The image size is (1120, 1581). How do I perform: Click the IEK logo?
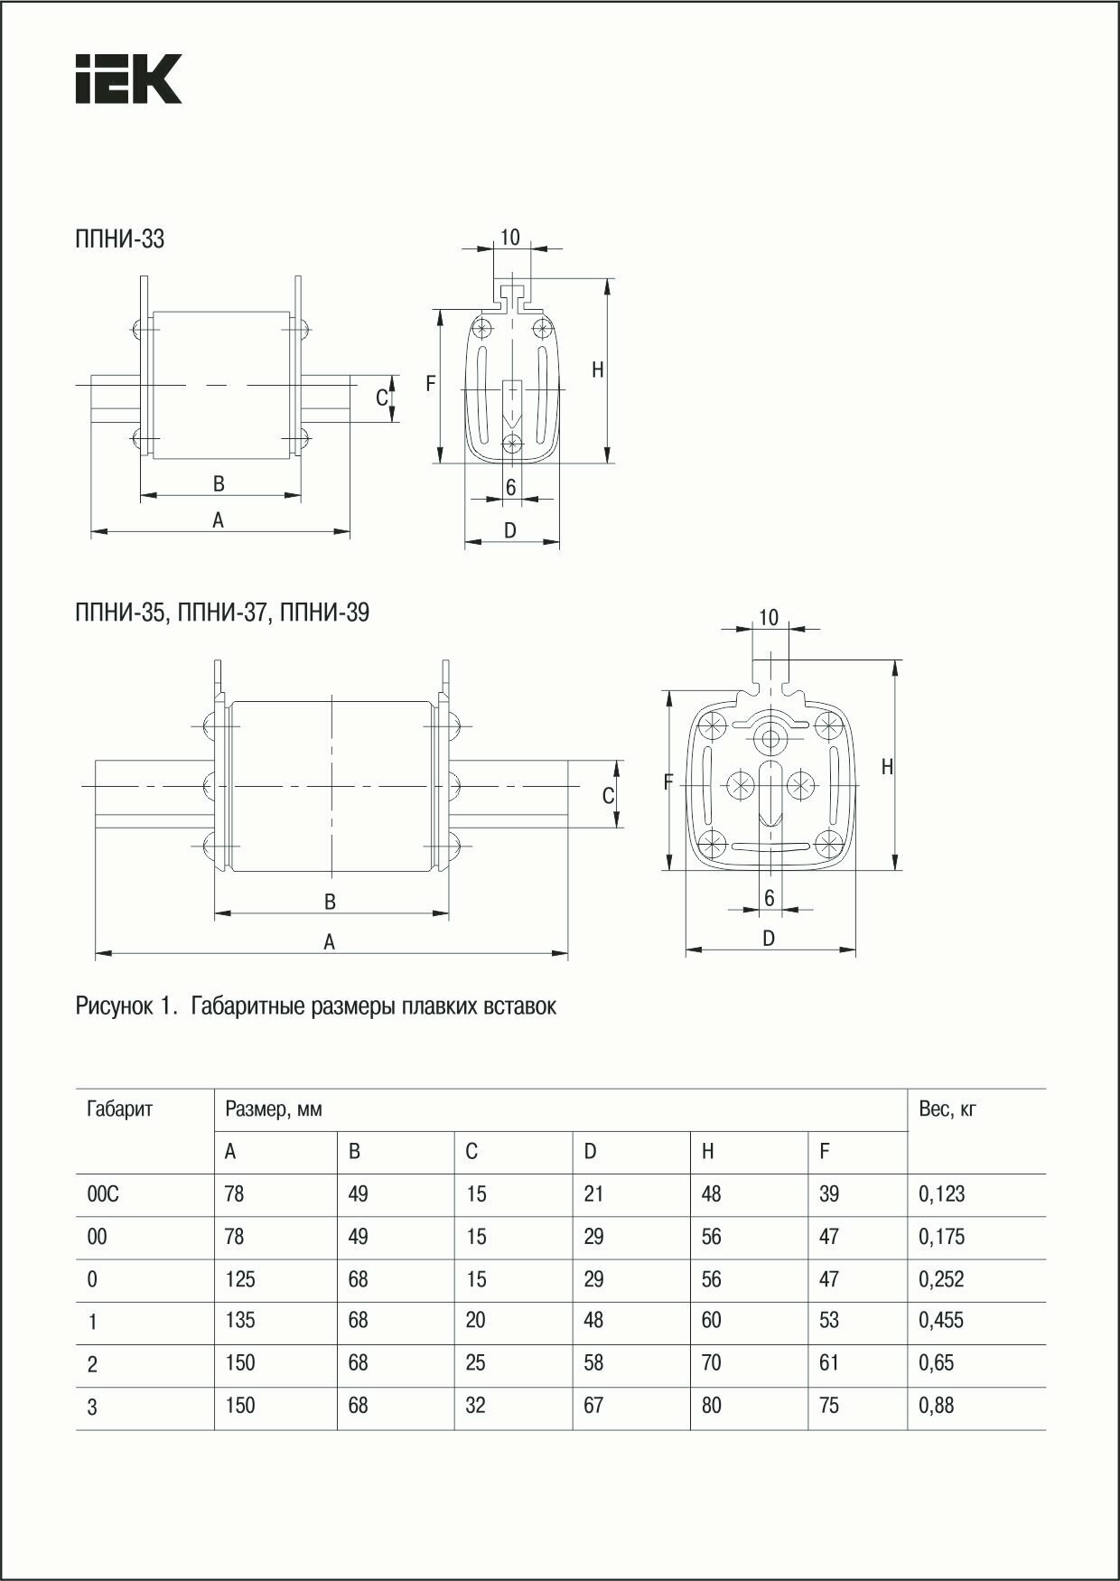coord(128,79)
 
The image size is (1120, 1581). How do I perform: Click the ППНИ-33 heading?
coord(120,239)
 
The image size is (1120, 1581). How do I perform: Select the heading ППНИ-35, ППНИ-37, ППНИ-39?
coord(222,613)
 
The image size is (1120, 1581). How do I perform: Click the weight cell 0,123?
coord(941,1194)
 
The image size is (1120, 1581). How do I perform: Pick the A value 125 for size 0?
coord(240,1279)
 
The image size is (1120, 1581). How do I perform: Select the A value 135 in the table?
coord(240,1321)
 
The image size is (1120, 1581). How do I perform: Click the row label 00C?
coord(103,1194)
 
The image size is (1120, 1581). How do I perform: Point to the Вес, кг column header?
coord(947,1109)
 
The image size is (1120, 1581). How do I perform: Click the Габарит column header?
coord(120,1109)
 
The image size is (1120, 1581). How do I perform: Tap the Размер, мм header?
coord(274,1109)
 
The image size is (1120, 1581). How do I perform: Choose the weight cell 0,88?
coord(936,1406)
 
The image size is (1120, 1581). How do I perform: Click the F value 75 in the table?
coord(828,1406)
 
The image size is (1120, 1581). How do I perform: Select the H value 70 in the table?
coord(711,1362)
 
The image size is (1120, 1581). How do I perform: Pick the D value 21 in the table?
coord(593,1194)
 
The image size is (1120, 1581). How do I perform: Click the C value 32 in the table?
coord(475,1406)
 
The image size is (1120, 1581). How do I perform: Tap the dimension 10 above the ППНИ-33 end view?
coord(510,238)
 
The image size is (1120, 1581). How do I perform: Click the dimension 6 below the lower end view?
coord(770,898)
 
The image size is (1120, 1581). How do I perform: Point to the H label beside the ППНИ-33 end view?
coord(598,370)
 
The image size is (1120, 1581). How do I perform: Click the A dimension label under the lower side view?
coord(330,942)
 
